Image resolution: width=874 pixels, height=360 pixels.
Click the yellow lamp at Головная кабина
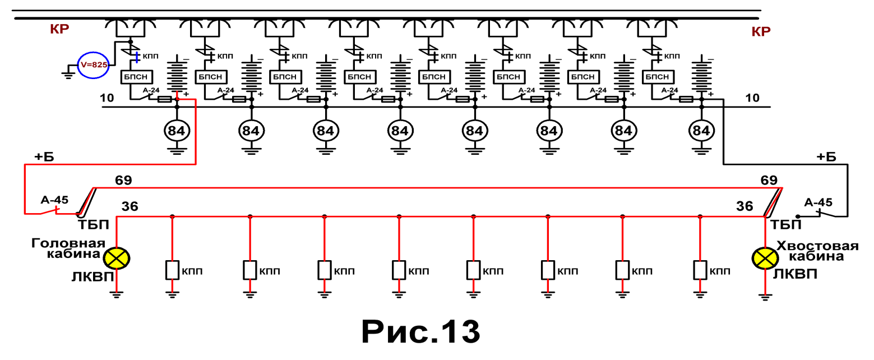(x=117, y=258)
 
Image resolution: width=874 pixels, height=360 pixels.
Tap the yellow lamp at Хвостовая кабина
(x=765, y=258)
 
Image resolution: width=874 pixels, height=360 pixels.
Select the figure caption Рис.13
(x=421, y=331)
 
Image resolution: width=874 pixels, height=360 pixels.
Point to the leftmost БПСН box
(x=136, y=77)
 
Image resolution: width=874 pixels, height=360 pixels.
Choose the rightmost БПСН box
(x=658, y=77)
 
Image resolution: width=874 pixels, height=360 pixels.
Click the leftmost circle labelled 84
(x=177, y=131)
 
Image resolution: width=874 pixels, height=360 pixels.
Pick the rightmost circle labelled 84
(x=701, y=131)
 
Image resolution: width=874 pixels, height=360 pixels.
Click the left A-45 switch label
(x=54, y=200)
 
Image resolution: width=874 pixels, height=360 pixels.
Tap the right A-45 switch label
(x=818, y=202)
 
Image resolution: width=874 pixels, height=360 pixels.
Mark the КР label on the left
(x=59, y=29)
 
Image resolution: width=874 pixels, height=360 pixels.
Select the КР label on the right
(x=761, y=31)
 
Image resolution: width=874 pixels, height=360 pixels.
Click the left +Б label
(x=44, y=156)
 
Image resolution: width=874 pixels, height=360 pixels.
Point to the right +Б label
(x=826, y=156)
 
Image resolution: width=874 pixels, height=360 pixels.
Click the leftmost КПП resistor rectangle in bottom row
(x=172, y=270)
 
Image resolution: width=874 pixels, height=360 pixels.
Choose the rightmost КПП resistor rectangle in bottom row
(x=700, y=270)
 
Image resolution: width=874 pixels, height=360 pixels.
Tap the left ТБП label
(x=93, y=225)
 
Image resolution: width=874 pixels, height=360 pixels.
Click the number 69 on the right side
(x=769, y=180)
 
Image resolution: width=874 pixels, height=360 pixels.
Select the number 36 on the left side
(x=130, y=206)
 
